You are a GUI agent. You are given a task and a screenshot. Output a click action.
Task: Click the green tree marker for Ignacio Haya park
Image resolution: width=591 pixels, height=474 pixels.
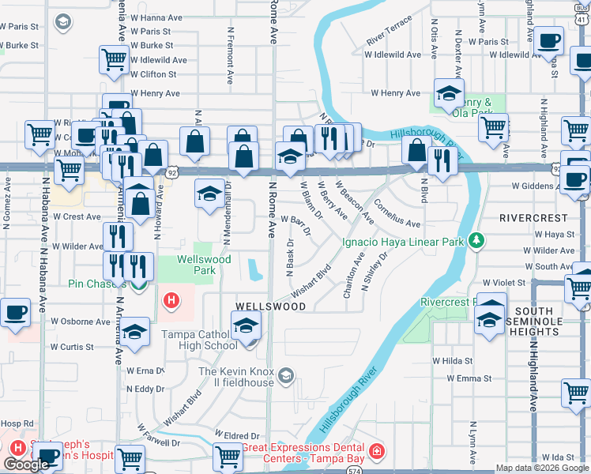coord(476,239)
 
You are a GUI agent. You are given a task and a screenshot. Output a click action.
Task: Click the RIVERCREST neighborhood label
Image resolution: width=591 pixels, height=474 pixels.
coord(533,217)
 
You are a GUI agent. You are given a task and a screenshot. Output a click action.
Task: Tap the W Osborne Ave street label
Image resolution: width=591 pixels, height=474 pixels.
coord(81,322)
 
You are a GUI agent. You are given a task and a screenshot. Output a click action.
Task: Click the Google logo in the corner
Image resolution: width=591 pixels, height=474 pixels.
coord(26,465)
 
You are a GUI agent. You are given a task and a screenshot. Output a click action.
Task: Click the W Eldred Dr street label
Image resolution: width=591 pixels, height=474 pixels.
coord(237,436)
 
